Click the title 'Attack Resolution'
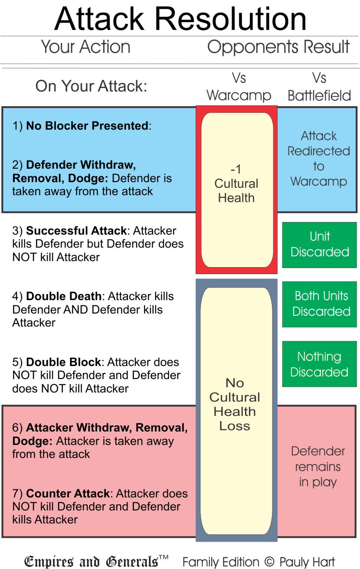(180, 18)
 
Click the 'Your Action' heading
(85, 47)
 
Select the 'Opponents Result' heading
(278, 47)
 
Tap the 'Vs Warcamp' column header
(238, 87)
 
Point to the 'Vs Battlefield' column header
(319, 87)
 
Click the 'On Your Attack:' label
(91, 86)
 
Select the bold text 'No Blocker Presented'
(87, 126)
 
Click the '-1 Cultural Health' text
(236, 183)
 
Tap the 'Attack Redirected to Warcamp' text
(319, 159)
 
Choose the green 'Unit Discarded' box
(320, 245)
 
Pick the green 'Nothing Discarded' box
(320, 364)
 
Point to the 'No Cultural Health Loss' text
(235, 404)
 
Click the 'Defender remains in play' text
(318, 467)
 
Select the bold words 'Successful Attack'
(77, 231)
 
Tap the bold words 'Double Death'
(64, 297)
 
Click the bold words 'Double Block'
(63, 362)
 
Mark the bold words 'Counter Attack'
(68, 494)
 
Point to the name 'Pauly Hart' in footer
(307, 562)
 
